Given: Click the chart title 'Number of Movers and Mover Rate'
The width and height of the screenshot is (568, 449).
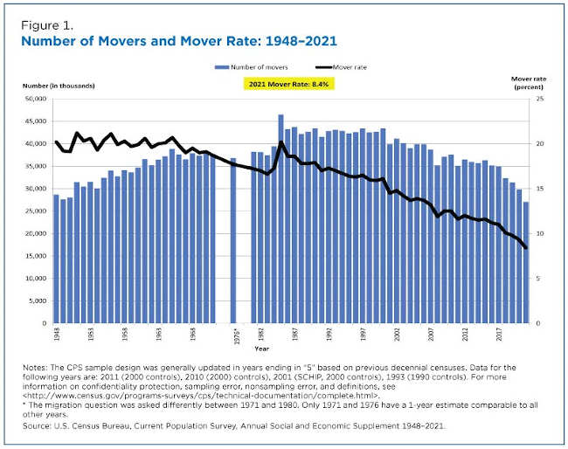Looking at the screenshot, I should (x=179, y=41).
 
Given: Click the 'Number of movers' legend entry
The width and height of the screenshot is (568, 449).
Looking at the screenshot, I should (x=254, y=66).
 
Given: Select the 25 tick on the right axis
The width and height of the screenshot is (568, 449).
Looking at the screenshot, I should (x=540, y=99).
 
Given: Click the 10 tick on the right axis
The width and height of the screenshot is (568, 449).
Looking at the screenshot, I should (x=540, y=233).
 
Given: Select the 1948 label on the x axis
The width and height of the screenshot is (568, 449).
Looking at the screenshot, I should (x=57, y=335).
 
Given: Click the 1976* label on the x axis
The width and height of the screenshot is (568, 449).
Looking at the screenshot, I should (x=233, y=335).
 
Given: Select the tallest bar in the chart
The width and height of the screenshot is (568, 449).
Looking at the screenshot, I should (x=281, y=218).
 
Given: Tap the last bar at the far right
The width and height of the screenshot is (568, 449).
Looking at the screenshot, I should (x=525, y=262).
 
